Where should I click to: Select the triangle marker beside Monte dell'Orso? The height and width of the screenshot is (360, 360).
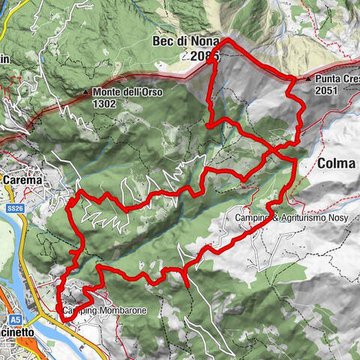tap(86, 93)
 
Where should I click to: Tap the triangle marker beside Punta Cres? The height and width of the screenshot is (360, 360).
tap(309, 78)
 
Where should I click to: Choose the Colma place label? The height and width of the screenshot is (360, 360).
tap(336, 163)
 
